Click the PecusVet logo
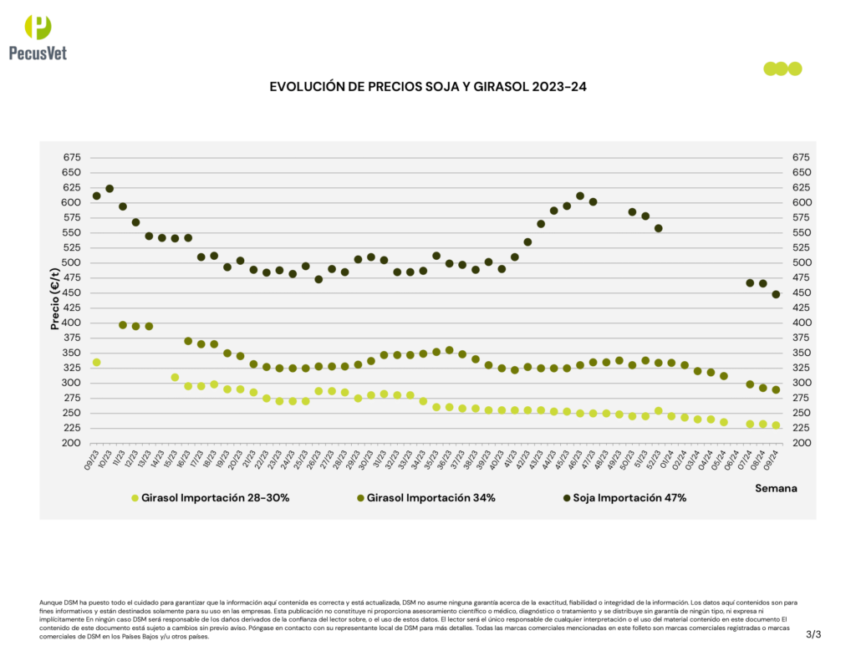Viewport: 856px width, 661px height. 38,38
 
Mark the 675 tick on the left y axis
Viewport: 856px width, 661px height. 72,157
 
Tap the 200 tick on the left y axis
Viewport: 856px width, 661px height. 72,443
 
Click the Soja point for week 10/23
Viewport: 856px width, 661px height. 110,189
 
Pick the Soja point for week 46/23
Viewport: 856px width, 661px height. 580,196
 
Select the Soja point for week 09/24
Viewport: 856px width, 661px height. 776,294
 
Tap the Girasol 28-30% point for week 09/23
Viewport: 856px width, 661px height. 96,362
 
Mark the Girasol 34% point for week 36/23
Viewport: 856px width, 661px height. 450,350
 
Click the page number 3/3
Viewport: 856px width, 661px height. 813,634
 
